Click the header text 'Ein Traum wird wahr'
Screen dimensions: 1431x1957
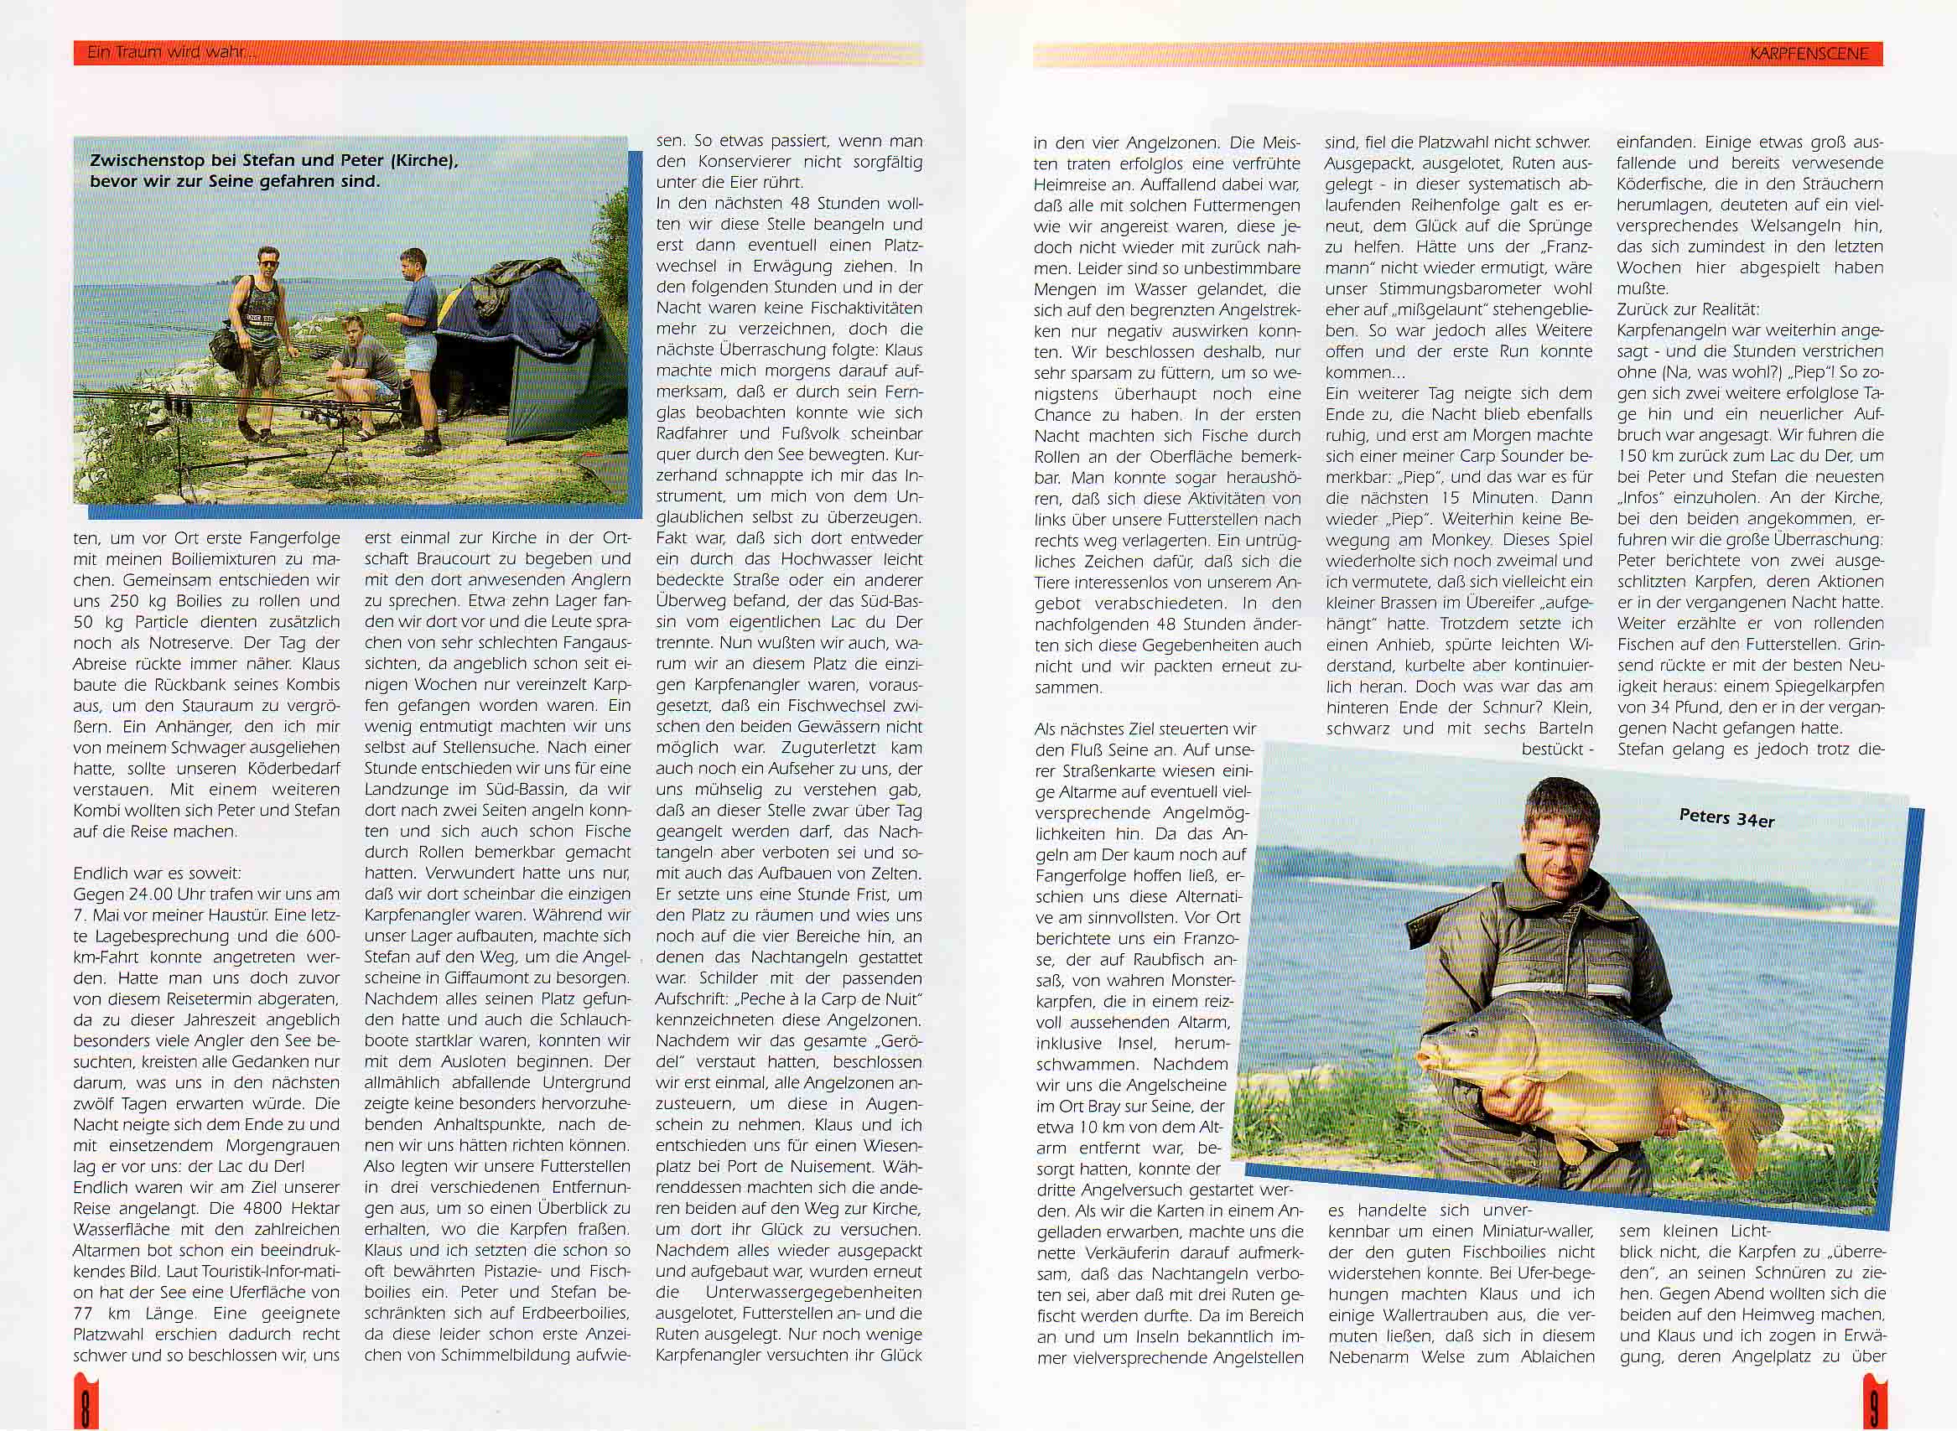(x=170, y=53)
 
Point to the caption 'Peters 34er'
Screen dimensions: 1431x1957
(x=1726, y=817)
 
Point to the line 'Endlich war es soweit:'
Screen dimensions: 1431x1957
(x=157, y=874)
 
